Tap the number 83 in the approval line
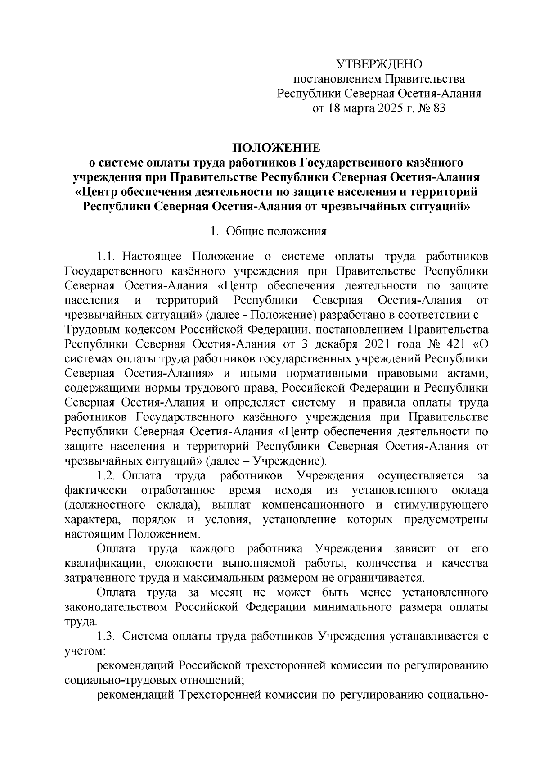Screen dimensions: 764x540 pyautogui.click(x=438, y=108)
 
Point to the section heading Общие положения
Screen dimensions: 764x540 pyautogui.click(x=276, y=232)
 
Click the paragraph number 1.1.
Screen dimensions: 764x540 pyautogui.click(x=107, y=257)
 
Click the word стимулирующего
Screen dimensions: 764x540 pyautogui.click(x=441, y=505)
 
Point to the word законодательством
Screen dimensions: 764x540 pyautogui.click(x=117, y=607)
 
